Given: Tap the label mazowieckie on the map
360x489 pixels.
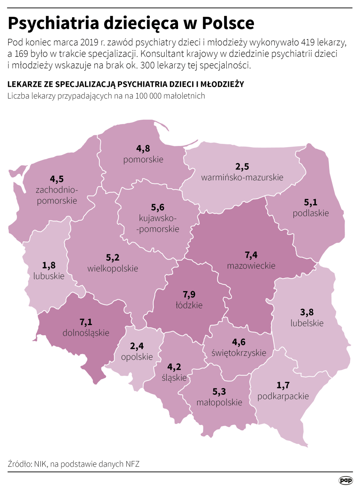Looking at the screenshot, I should click(x=251, y=266).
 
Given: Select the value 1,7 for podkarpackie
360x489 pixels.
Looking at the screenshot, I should click(x=283, y=385).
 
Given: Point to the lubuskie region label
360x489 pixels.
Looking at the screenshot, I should click(x=49, y=276).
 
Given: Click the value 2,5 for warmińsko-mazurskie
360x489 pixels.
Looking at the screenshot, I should click(x=242, y=167).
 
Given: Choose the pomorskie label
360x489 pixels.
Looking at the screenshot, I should click(x=143, y=159).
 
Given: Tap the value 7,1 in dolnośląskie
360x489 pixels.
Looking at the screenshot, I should click(x=86, y=322).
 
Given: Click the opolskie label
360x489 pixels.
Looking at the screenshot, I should click(x=137, y=357).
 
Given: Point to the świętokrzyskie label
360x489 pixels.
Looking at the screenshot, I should click(x=239, y=352).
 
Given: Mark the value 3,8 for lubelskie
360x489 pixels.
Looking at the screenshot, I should click(x=307, y=312).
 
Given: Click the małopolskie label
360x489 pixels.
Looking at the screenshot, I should click(x=219, y=402).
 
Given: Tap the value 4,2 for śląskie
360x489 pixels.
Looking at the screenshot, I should click(x=174, y=367).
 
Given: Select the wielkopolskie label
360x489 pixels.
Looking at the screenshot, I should click(x=113, y=268).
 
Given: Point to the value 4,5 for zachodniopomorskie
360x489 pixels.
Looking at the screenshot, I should click(x=57, y=179).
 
